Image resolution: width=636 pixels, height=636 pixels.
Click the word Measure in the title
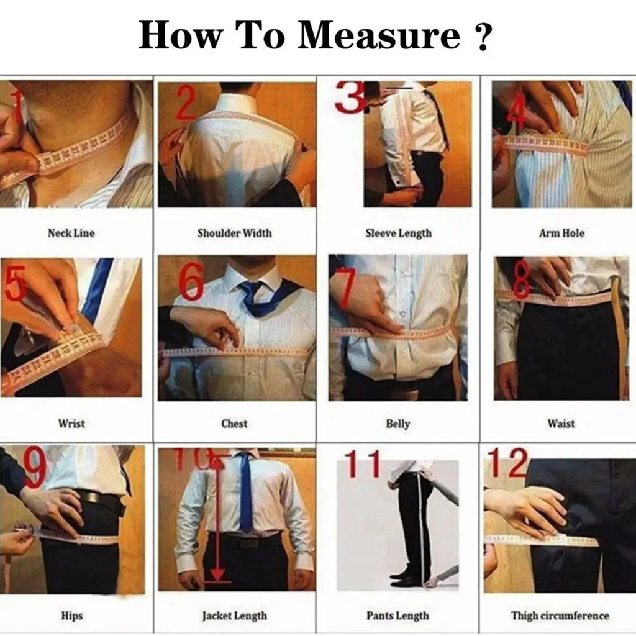coord(379,35)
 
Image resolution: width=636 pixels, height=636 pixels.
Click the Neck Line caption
coord(71,234)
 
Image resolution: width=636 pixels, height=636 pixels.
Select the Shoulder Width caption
coord(234,234)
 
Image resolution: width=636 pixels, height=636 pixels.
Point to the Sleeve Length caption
coord(398,234)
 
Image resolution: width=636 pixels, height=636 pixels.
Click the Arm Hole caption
coord(561,234)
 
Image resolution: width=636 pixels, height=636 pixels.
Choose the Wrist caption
coord(71,424)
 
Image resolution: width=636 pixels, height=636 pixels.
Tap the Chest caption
coord(234,424)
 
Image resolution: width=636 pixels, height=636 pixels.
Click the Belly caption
coord(398,424)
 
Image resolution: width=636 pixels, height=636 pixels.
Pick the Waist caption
coord(561,424)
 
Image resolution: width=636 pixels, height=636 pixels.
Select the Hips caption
coord(71,616)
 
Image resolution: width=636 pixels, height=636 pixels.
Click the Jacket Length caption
coord(234,616)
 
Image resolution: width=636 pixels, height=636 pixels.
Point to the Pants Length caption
coord(397,616)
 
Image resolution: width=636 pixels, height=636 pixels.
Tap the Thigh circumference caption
coord(560,616)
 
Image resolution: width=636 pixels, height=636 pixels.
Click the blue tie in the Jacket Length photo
coord(246,491)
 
